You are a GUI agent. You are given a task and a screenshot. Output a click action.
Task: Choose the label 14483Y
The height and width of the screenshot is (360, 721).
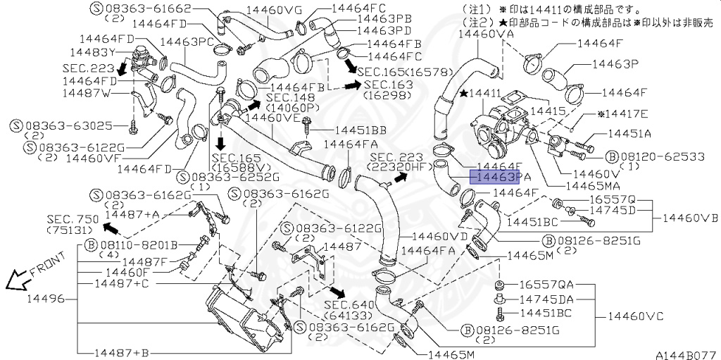pos(93,52)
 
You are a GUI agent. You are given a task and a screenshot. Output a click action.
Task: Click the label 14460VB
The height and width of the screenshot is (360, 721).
pos(690,218)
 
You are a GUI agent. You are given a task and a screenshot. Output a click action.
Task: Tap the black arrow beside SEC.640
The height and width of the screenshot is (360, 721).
pos(339,292)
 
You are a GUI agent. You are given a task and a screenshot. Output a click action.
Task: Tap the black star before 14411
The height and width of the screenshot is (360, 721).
pos(464,93)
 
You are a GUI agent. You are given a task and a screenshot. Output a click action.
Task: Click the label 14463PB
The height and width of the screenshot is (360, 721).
pos(384,18)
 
